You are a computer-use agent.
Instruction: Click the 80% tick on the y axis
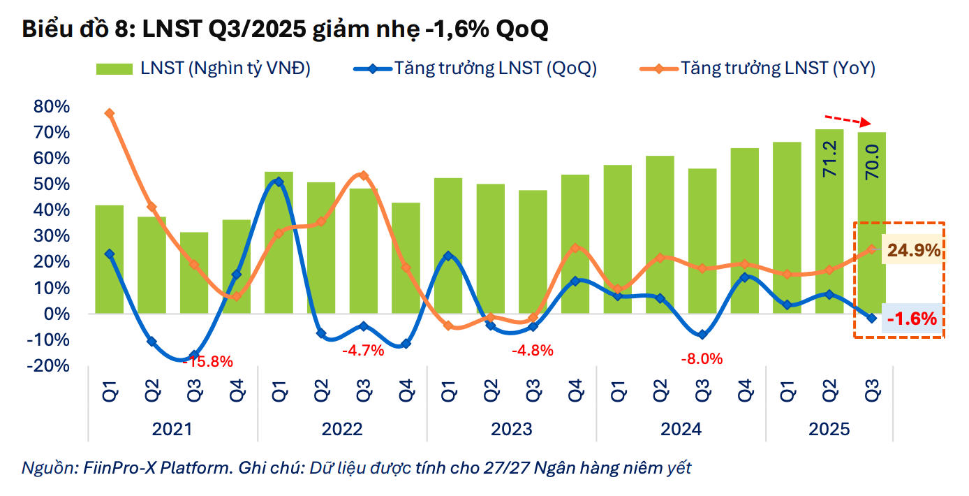point(51,107)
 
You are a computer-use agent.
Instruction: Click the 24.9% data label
point(913,250)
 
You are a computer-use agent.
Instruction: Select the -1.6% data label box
point(912,319)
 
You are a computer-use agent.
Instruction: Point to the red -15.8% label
point(207,362)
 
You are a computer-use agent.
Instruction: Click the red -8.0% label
point(702,359)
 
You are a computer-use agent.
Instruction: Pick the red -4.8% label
point(532,350)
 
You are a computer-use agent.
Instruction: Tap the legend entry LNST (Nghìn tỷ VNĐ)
point(203,68)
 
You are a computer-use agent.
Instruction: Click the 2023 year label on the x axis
point(511,428)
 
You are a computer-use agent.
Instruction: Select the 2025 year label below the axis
point(829,428)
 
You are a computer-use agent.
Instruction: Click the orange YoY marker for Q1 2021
point(109,113)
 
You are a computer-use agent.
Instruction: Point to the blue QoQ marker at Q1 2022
point(279,182)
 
